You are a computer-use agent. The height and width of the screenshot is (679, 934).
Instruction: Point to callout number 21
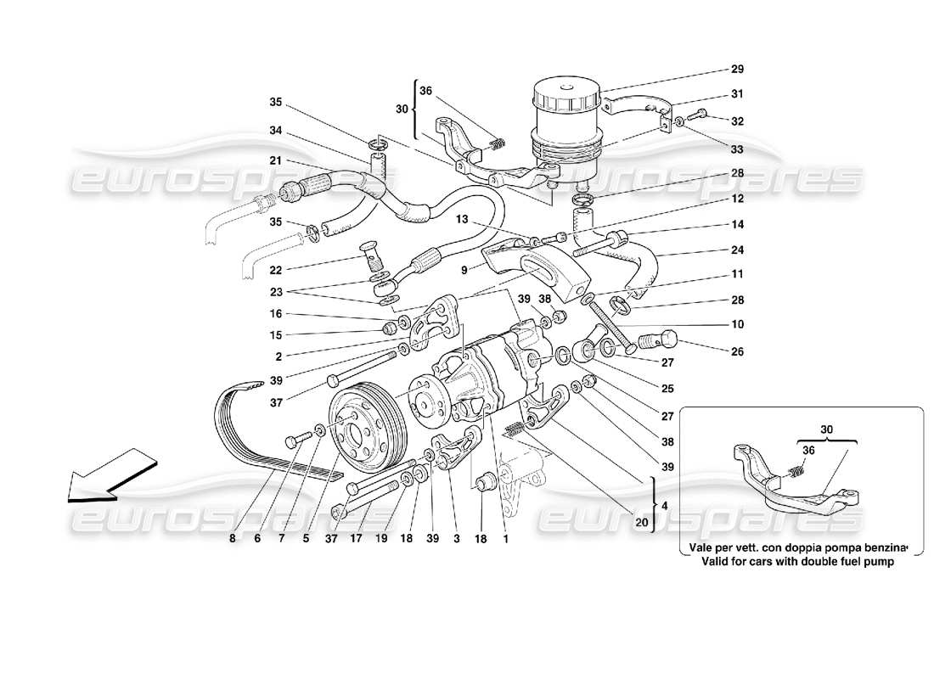tap(275, 161)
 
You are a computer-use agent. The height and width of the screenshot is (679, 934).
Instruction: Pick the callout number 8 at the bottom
tap(232, 536)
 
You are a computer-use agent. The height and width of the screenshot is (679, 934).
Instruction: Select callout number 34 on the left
tap(275, 132)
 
